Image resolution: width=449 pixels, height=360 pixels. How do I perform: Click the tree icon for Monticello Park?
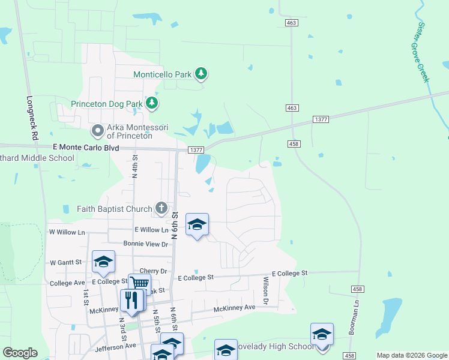[202, 74]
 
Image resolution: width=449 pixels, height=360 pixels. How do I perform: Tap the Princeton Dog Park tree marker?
[152, 103]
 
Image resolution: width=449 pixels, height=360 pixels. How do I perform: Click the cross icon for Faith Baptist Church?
[161, 208]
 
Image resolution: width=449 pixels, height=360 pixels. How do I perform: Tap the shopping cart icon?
[139, 283]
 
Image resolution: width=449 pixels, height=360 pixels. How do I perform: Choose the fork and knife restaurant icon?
[131, 299]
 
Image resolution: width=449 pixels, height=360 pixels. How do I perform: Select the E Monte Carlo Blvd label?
[86, 147]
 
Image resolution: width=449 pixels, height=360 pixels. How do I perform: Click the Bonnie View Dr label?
[145, 244]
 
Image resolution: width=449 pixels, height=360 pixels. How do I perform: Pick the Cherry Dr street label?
[152, 271]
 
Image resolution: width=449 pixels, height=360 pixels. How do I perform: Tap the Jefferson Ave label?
[115, 347]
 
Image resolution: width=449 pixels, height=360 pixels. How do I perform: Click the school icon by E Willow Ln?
[197, 225]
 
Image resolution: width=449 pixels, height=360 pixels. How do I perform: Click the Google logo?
[20, 353]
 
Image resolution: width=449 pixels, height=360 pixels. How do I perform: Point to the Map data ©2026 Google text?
[411, 355]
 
